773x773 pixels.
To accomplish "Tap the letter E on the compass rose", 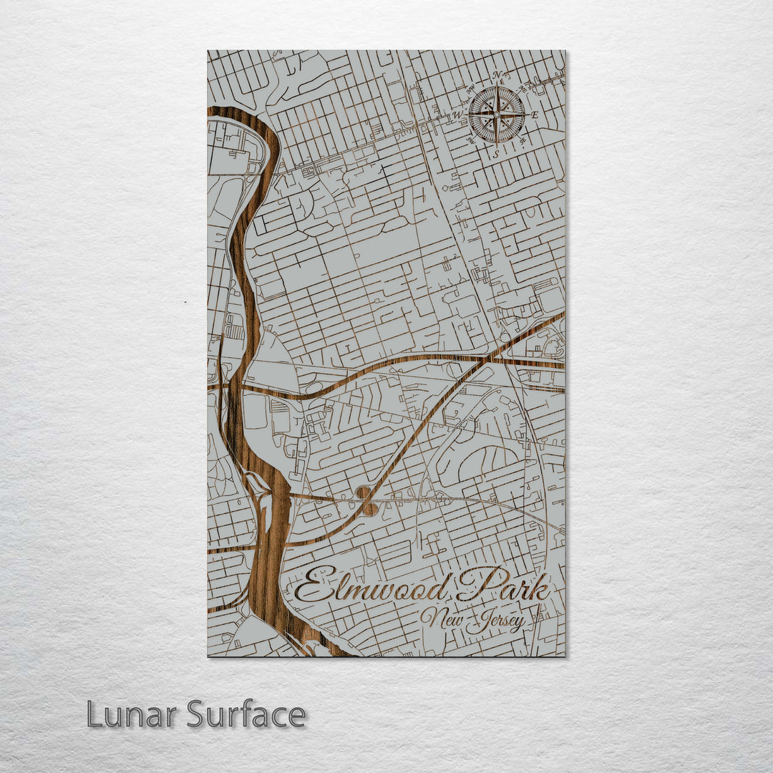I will click(x=535, y=115).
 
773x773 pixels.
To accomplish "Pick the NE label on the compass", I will click(x=523, y=89).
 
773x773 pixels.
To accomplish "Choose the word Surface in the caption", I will click(x=246, y=715).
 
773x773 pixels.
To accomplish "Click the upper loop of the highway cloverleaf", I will click(x=363, y=492).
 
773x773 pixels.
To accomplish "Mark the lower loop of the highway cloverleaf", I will click(x=369, y=509).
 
